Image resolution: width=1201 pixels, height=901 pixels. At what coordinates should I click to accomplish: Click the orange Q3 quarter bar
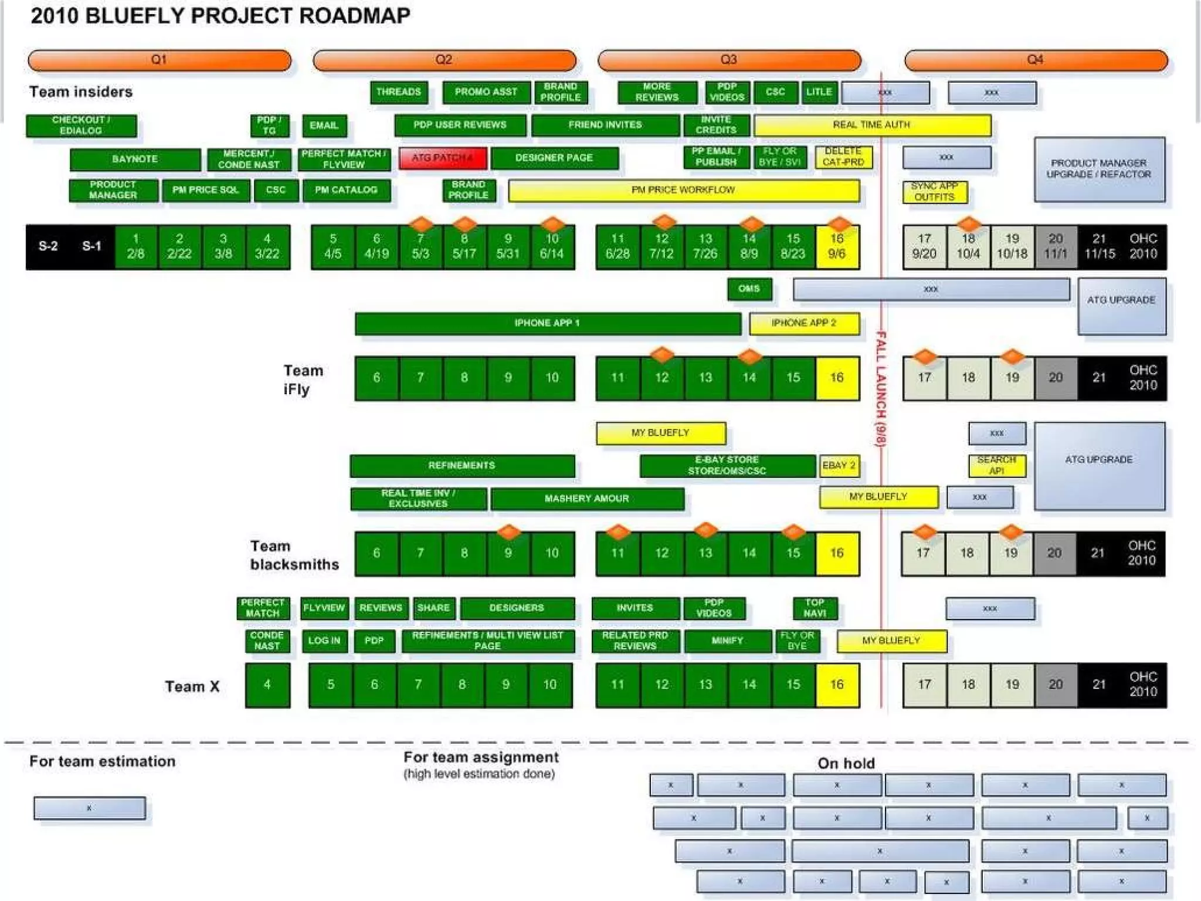point(729,60)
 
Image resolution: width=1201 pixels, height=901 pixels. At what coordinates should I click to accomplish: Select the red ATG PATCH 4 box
point(443,158)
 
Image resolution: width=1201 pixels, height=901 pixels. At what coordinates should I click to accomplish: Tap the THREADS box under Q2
point(399,92)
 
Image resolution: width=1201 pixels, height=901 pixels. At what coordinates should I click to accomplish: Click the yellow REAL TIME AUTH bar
point(872,125)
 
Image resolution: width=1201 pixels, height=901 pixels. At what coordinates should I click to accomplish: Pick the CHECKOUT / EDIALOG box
point(81,126)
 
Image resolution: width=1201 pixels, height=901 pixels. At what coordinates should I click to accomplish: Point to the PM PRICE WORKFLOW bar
point(684,191)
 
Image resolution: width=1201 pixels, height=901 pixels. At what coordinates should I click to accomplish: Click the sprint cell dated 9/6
point(837,246)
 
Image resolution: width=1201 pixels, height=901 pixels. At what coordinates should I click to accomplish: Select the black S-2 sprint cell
point(48,246)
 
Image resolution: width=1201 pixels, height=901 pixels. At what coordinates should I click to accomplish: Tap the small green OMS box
point(749,289)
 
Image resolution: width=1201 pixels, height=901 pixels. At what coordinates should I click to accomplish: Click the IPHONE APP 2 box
point(804,323)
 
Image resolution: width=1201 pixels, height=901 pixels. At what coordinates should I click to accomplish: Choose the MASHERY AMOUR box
point(587,499)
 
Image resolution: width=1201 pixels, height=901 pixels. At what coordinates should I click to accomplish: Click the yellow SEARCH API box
point(997,465)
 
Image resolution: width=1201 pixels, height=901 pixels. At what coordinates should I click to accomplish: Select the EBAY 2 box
point(839,466)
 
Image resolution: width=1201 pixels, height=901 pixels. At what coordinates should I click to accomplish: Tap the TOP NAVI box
point(815,608)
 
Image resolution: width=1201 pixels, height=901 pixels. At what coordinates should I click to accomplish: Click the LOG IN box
point(324,641)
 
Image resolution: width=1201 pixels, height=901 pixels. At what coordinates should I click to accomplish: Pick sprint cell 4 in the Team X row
point(267,685)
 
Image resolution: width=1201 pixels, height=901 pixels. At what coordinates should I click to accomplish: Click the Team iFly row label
point(303,380)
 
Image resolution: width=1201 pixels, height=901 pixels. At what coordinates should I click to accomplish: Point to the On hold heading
point(846,763)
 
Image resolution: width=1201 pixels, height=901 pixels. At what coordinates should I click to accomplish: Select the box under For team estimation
point(89,808)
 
